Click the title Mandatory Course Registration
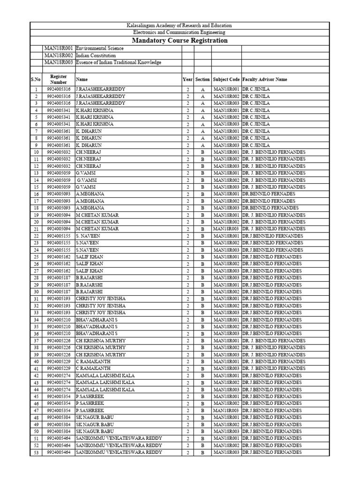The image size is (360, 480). (180, 40)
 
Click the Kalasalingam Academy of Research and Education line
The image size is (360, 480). (180, 25)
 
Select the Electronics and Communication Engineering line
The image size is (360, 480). (180, 32)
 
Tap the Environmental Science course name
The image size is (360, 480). (99, 48)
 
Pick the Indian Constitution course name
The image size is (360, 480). (96, 55)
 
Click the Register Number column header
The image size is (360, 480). (59, 79)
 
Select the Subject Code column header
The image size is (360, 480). (226, 80)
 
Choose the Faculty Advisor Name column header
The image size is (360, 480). (265, 80)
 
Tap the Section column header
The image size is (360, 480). (202, 80)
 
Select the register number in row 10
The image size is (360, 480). (59, 152)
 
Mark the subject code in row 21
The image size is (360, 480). (226, 229)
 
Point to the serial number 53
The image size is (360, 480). (36, 452)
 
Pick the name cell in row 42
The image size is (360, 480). (105, 375)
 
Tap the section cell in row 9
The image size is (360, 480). (203, 145)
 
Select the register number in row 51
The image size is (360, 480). (59, 438)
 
